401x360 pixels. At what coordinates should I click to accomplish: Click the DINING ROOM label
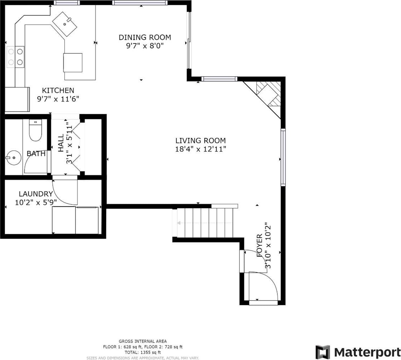click(x=145, y=37)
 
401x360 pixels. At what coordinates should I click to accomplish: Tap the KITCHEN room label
click(x=58, y=90)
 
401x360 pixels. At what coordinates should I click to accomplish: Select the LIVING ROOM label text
click(x=200, y=141)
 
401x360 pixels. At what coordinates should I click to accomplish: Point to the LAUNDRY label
click(x=36, y=194)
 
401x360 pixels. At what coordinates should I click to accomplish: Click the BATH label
click(x=36, y=154)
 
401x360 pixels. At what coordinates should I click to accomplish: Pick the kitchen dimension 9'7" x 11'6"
click(x=58, y=99)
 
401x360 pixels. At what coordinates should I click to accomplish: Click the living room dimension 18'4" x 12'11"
click(x=200, y=149)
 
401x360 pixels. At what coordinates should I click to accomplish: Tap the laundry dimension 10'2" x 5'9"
click(x=36, y=203)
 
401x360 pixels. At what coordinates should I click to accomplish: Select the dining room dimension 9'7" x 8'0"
click(x=145, y=46)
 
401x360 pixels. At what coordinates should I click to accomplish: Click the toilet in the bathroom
click(x=35, y=130)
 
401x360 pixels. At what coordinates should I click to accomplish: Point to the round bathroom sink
click(x=13, y=157)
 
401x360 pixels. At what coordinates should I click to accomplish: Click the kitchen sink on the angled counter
click(x=65, y=24)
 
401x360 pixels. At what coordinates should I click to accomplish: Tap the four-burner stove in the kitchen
click(x=15, y=57)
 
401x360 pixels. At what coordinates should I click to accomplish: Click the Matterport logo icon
click(x=323, y=352)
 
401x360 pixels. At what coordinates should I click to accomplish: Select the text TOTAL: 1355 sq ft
click(x=143, y=352)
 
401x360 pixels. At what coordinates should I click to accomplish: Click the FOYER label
click(x=259, y=245)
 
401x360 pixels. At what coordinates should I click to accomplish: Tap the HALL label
click(x=61, y=143)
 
